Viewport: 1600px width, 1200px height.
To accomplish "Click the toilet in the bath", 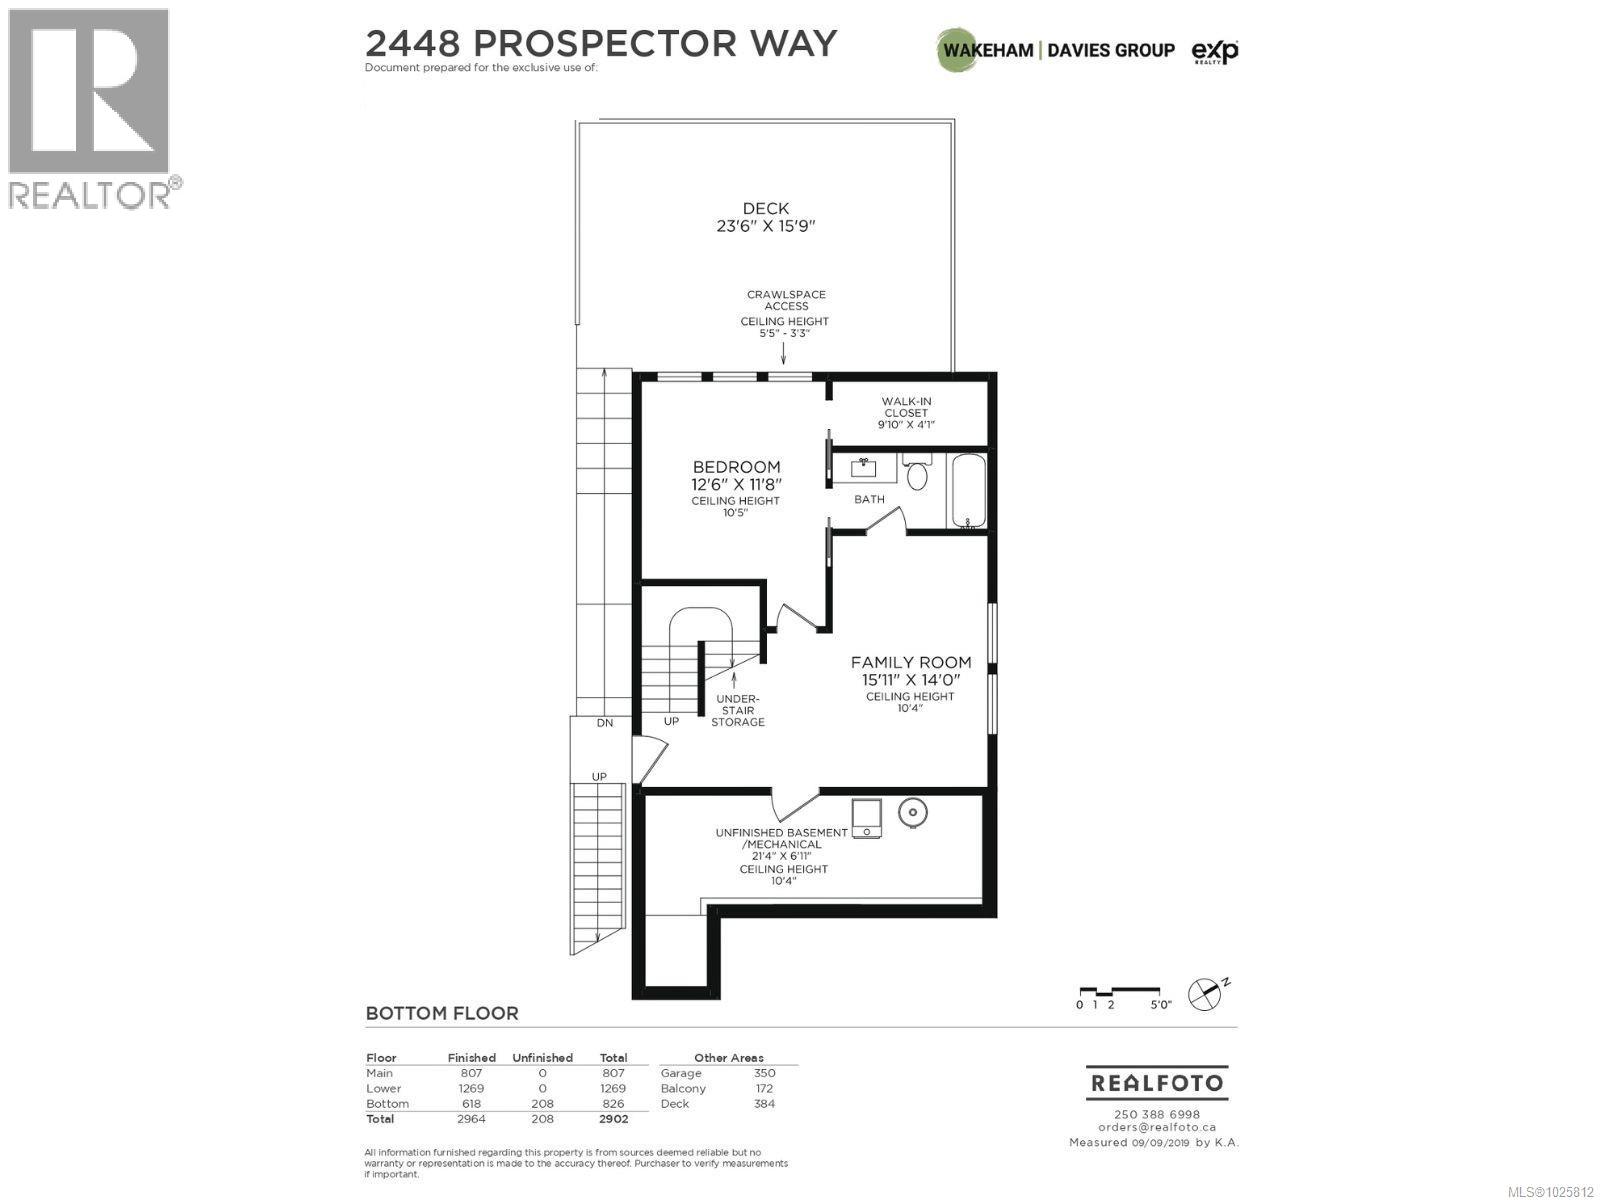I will coord(917,473).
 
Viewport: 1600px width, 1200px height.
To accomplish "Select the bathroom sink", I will coord(865,467).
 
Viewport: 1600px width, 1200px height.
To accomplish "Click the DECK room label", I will coord(765,209).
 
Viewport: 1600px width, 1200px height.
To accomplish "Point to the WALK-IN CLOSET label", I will coord(906,412).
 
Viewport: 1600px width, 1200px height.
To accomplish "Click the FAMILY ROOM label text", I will coord(911,662).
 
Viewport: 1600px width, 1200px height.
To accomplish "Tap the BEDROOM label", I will coord(736,467).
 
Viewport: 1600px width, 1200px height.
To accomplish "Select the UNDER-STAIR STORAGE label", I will coord(738,710).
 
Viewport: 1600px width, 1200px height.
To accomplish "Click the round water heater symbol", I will coord(911,813).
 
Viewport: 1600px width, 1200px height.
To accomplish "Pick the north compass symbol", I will coord(1205,994).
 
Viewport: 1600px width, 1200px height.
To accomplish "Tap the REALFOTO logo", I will coord(1156,1083).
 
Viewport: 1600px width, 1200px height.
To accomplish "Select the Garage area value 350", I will coord(764,1073).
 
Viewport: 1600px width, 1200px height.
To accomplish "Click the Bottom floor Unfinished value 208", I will coord(542,1104).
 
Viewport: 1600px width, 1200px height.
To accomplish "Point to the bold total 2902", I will coord(613,1119).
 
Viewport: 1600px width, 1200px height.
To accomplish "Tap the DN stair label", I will coord(604,722).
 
